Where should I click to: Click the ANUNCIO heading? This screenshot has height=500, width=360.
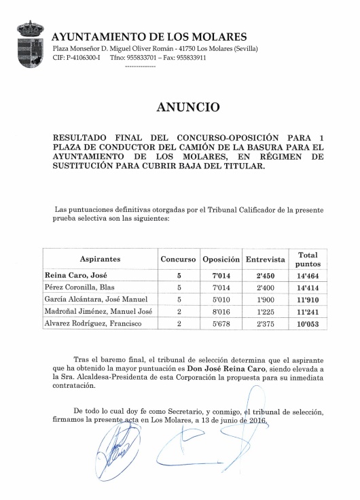[188, 107]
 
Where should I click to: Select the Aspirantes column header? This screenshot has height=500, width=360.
[100, 260]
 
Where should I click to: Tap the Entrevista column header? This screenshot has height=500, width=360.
[265, 260]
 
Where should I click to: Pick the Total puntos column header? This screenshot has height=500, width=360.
[308, 259]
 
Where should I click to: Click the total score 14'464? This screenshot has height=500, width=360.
[308, 276]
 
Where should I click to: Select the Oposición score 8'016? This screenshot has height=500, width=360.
[221, 312]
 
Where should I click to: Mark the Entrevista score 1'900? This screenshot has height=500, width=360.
[265, 300]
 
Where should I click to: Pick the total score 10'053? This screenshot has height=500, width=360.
[308, 324]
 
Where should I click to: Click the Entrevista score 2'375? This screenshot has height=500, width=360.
[265, 324]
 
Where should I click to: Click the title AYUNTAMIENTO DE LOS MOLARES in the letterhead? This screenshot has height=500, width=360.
[149, 37]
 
